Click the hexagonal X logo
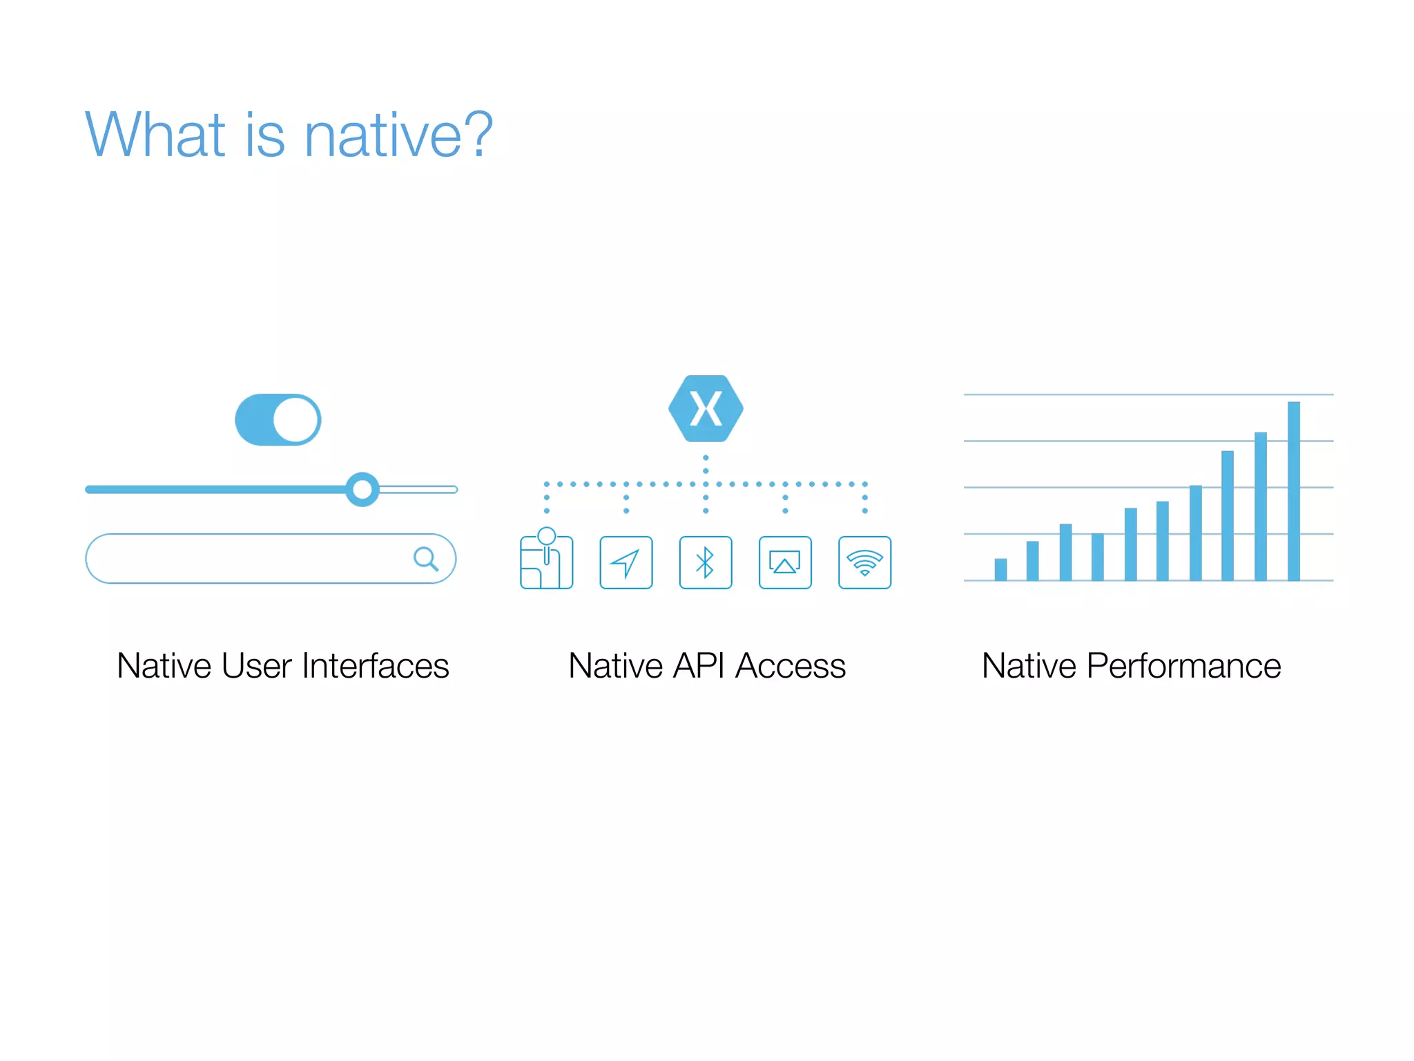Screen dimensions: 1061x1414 coord(706,408)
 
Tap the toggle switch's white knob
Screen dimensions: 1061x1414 coord(296,419)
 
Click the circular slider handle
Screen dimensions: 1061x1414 coord(362,490)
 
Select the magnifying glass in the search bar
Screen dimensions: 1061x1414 coord(425,558)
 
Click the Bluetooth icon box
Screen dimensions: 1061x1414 coord(705,562)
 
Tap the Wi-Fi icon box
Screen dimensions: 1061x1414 coord(864,562)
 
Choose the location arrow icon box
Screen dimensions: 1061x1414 coord(626,562)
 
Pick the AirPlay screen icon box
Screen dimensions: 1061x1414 coord(785,562)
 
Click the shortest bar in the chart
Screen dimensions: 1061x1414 coord(1000,569)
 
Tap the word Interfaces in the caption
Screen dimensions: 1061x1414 coord(376,666)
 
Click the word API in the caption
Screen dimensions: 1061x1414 coord(699,666)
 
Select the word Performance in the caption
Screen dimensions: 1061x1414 coord(1183,666)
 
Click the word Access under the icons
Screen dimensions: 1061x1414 coord(791,666)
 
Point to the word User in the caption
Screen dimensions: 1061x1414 coord(257,666)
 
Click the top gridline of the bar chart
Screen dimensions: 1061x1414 coord(1105,394)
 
